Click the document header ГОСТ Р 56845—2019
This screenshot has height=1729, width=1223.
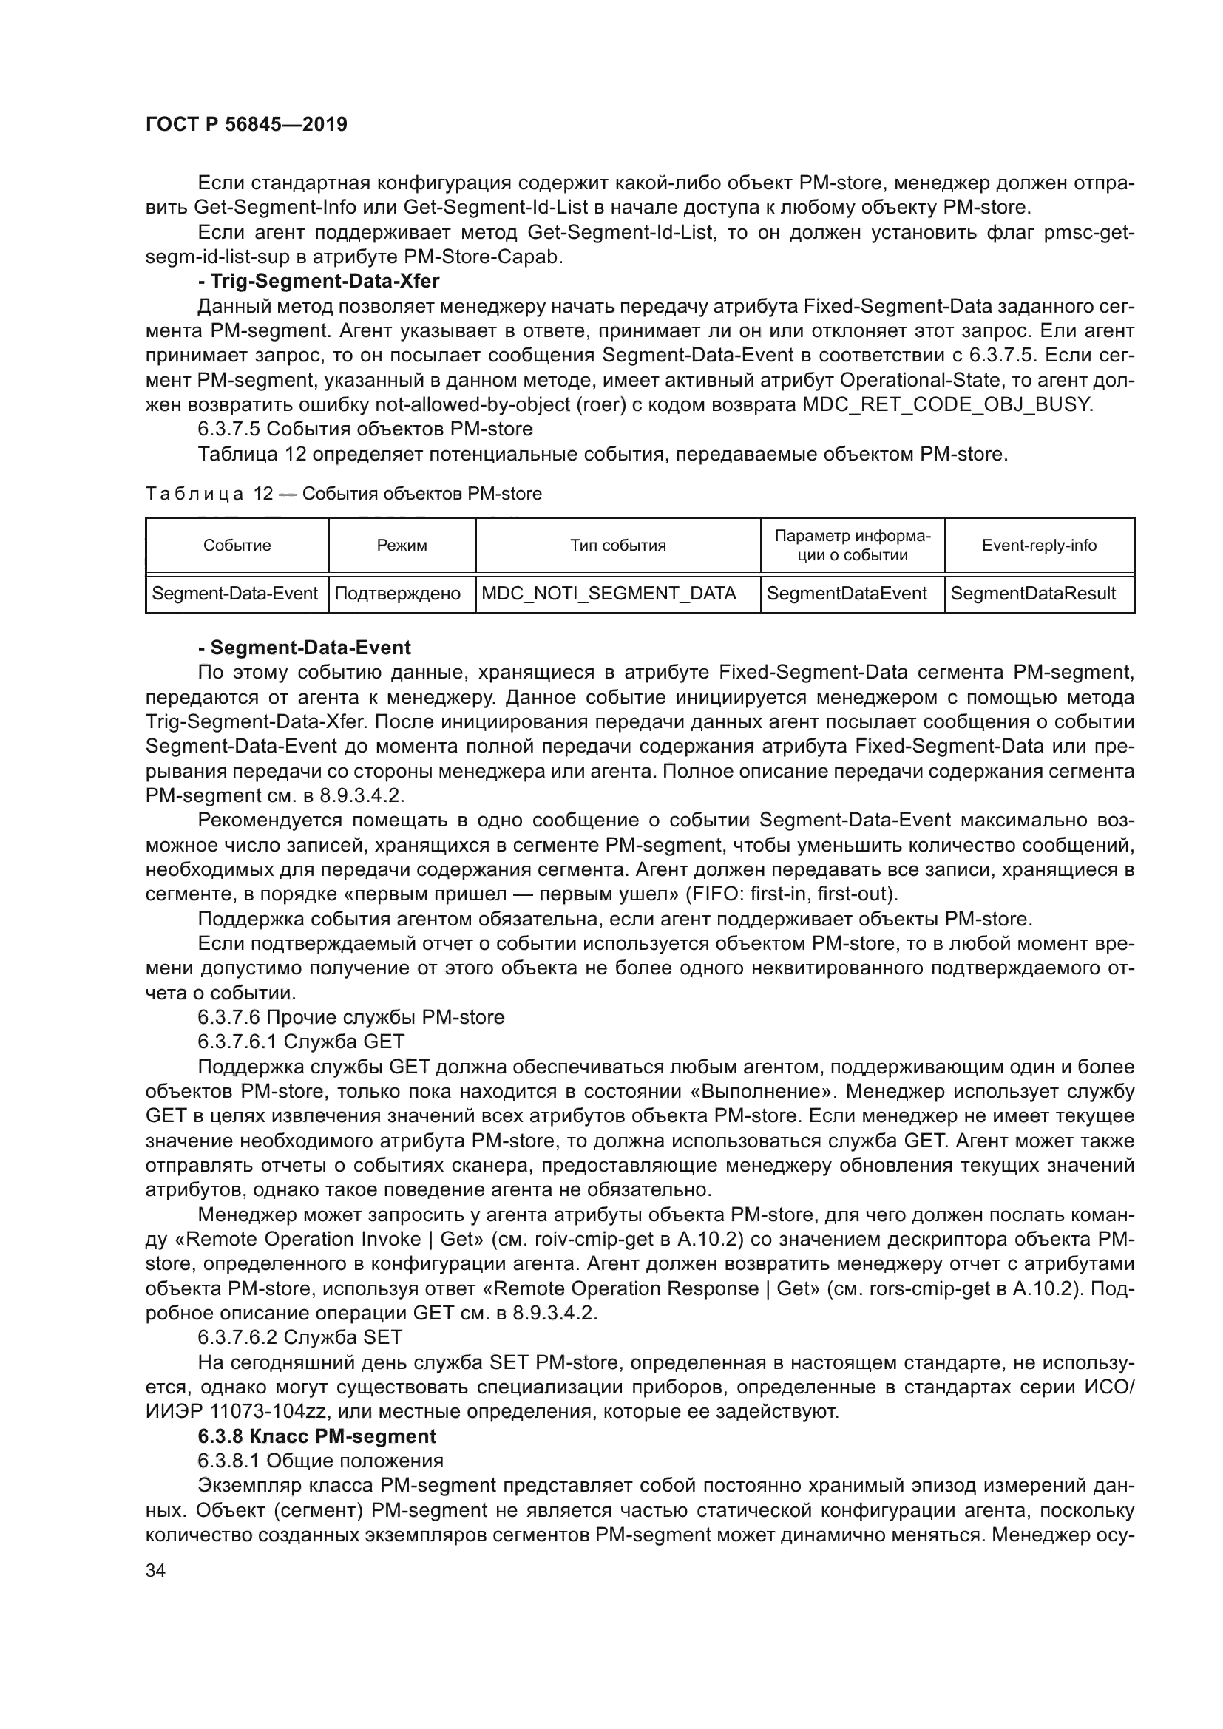[246, 124]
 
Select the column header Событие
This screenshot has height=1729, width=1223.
[237, 546]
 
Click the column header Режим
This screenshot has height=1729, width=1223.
[402, 546]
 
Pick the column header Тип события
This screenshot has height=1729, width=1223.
[617, 546]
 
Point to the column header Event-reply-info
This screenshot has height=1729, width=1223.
[1038, 546]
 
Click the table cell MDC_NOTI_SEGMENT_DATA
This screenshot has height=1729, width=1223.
[609, 594]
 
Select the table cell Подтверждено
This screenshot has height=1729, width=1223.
[397, 594]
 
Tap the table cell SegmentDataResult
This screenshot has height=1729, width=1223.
[1032, 594]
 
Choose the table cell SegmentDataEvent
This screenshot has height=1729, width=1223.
[847, 594]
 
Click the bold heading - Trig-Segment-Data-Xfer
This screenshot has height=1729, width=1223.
[318, 281]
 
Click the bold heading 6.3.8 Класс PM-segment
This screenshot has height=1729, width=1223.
[317, 1436]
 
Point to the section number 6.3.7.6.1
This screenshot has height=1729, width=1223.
[237, 1042]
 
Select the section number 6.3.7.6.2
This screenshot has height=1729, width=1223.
[237, 1337]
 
